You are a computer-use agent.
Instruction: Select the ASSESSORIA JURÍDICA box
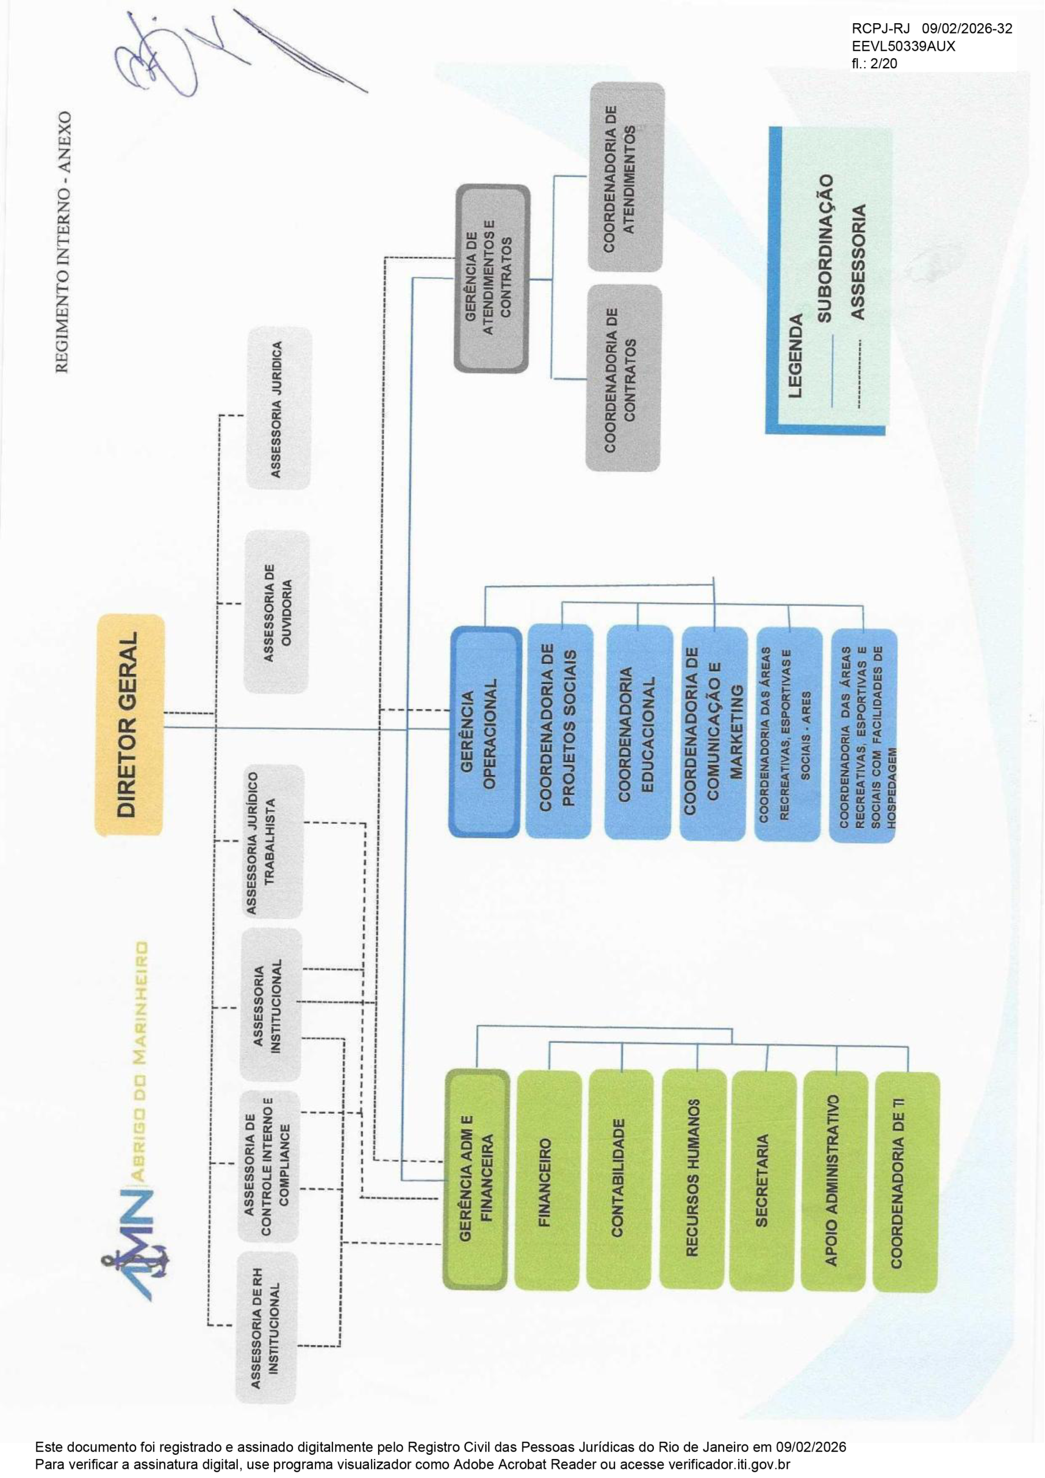tap(279, 409)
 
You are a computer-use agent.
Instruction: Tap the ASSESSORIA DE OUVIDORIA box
tap(278, 611)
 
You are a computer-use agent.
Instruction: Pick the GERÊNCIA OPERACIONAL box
tap(485, 732)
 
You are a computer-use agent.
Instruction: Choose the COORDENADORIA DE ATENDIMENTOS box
tap(625, 177)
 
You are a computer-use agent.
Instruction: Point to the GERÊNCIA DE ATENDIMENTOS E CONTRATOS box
tap(492, 279)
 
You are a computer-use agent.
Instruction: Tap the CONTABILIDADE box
tap(620, 1180)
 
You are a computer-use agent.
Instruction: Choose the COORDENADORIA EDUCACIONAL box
tap(638, 732)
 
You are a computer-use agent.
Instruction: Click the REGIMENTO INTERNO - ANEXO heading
tap(62, 242)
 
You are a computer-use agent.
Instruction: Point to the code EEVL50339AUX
tap(903, 46)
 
